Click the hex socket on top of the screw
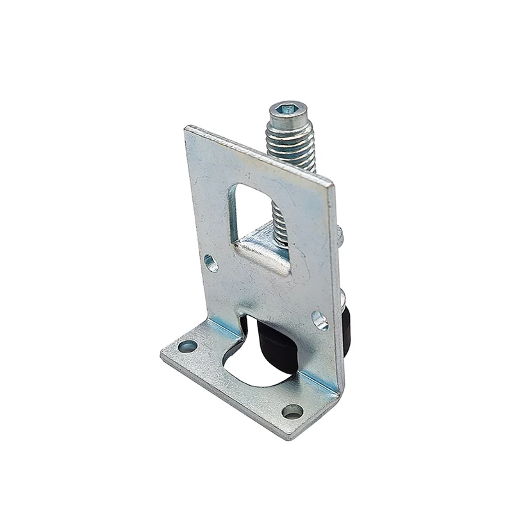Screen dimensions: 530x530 click(x=287, y=108)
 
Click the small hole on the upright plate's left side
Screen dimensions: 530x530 click(x=210, y=262)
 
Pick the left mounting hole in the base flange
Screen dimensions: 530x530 click(x=187, y=346)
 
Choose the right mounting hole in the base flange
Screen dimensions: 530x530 click(x=292, y=411)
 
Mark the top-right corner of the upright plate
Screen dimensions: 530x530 click(x=332, y=185)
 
